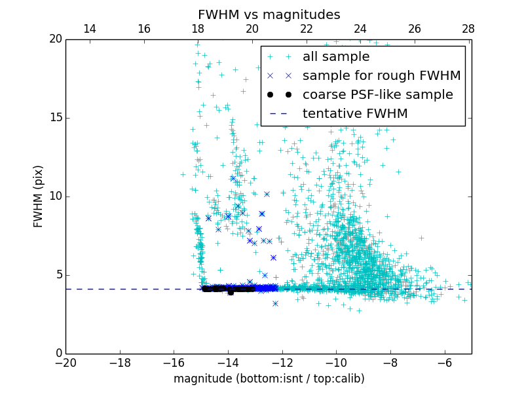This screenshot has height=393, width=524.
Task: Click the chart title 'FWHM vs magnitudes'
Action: [269, 14]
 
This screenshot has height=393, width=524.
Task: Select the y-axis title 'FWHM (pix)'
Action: [39, 196]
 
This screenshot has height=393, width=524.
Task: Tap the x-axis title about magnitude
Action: [269, 379]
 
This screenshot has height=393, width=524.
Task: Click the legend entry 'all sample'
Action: [335, 57]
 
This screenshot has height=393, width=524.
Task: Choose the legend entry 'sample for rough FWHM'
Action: [381, 76]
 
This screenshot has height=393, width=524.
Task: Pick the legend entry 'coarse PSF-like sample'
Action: [377, 95]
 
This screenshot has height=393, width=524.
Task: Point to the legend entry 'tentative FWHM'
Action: [355, 114]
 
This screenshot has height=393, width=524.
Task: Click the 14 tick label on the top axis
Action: [90, 29]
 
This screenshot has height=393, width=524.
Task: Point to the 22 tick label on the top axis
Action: [306, 29]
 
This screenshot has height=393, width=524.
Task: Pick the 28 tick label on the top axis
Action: [468, 29]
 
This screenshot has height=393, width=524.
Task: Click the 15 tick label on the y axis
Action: [54, 118]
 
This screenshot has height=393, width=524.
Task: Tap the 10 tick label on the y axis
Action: [54, 196]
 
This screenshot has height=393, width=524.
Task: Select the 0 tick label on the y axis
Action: [58, 354]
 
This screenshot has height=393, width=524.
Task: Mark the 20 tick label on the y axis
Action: [54, 39]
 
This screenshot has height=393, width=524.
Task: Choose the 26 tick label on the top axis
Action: [414, 29]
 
